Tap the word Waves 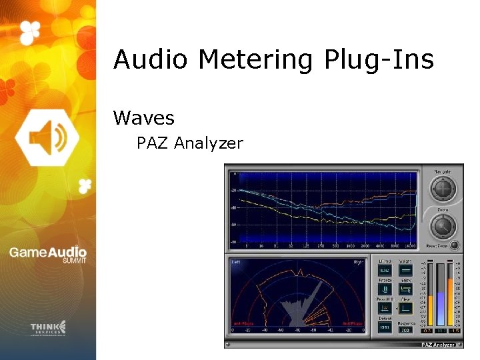coord(144,119)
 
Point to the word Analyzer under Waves coord(207,143)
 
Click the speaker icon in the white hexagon coord(47,137)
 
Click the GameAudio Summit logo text coord(47,255)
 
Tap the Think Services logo coord(48,328)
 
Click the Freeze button coord(385,289)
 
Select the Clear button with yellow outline coord(406,308)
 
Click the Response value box coord(405,329)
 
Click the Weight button coord(405,270)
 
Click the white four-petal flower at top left coord(30,31)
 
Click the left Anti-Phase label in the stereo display coord(243,324)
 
